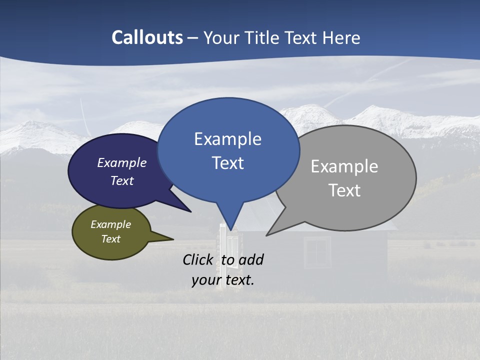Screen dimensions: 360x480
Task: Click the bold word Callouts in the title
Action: (x=147, y=37)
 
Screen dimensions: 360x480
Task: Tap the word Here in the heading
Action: (x=341, y=37)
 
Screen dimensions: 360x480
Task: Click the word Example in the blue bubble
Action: (x=227, y=139)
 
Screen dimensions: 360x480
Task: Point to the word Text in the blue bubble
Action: (x=227, y=163)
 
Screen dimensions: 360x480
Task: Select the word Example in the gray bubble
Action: (x=344, y=166)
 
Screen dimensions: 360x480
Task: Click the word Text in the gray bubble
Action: (x=344, y=190)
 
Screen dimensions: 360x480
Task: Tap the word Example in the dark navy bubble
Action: (x=121, y=162)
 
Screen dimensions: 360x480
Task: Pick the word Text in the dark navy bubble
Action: (x=121, y=180)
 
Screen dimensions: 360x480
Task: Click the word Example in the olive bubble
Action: (x=110, y=224)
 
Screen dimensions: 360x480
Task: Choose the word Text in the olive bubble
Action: (x=110, y=239)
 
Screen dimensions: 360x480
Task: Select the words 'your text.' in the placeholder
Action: (x=223, y=280)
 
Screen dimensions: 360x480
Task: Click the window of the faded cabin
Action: (x=317, y=252)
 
